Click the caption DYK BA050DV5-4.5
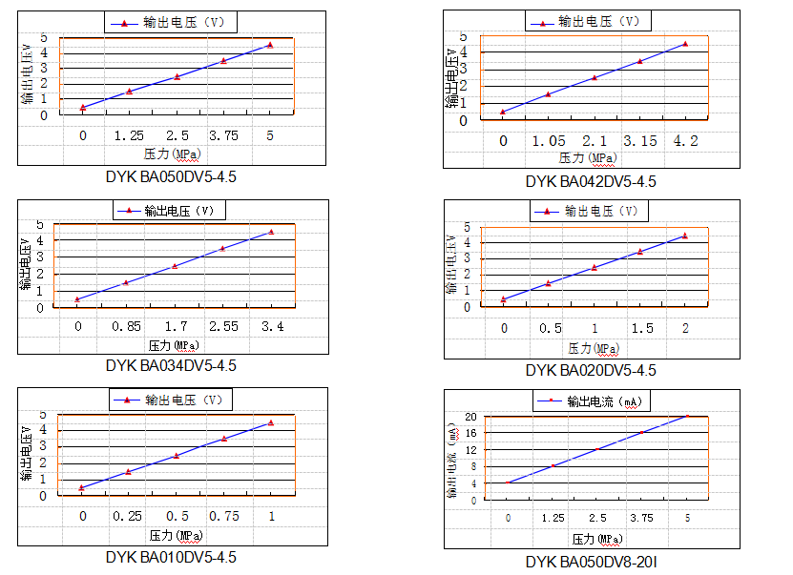coord(171,176)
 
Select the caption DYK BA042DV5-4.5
coord(591,181)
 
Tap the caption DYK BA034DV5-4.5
coord(171,365)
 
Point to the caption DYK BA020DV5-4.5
coord(591,370)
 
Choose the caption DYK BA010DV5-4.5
coord(171,557)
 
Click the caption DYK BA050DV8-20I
coord(591,563)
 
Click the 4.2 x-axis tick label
coord(685,141)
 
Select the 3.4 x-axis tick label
coord(271,326)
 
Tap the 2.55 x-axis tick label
coord(222,326)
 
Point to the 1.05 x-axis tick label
coord(549,141)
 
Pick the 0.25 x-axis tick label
coord(129,516)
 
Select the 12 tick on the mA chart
coord(470,450)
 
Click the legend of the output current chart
coord(591,401)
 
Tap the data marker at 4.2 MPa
coord(685,44)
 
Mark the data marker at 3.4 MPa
coord(271,232)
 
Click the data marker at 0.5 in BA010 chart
coord(177,456)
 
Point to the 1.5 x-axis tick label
coord(639,329)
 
